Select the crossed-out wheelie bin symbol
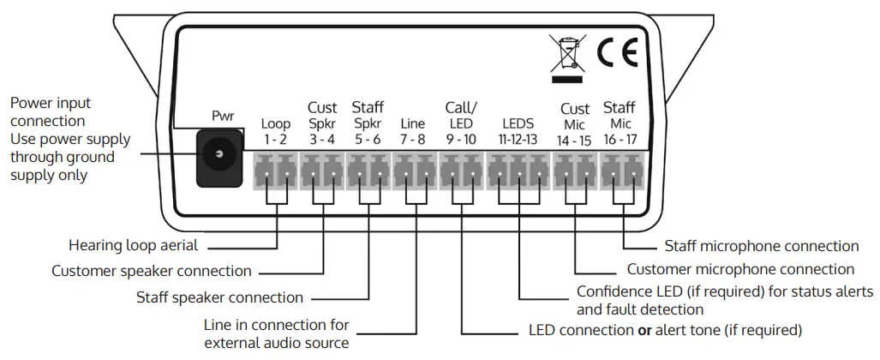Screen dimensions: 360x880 [567, 53]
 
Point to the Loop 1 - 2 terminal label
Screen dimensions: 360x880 [276, 131]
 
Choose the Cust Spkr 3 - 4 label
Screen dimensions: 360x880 [322, 123]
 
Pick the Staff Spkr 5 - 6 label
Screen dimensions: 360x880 [368, 123]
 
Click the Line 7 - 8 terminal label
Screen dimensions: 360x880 [413, 131]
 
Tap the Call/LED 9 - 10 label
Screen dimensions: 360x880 [461, 123]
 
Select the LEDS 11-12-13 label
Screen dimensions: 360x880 [519, 131]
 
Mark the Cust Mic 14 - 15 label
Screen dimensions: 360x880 [574, 123]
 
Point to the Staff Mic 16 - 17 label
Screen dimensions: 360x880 [620, 123]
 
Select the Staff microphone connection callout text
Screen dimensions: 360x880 [762, 247]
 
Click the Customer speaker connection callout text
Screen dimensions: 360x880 [152, 272]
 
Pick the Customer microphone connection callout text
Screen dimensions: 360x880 [740, 269]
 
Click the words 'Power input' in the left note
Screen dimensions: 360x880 [50, 104]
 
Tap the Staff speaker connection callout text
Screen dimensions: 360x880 [220, 298]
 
